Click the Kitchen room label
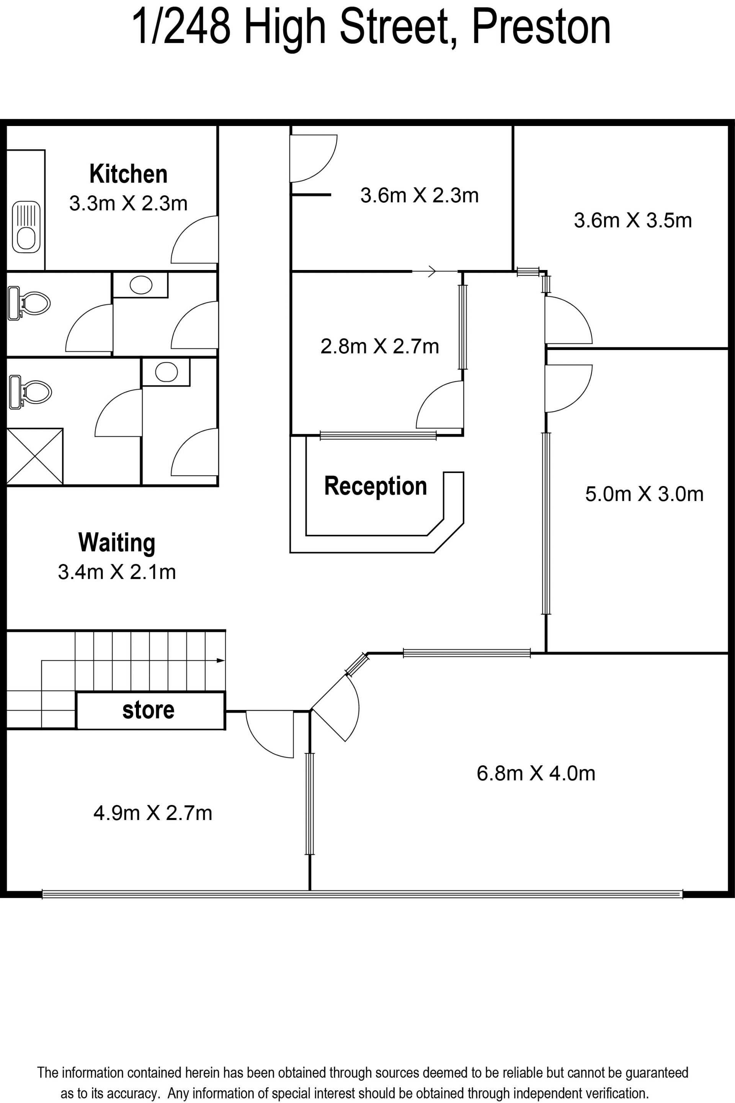129,174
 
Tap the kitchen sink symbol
26,227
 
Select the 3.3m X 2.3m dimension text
129,203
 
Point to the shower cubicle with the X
35,456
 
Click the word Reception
376,486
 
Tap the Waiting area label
117,543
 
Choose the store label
148,710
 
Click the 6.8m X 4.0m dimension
536,773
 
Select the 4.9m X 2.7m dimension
153,813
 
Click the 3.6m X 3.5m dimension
633,221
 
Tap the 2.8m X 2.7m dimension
380,347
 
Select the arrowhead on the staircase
221,661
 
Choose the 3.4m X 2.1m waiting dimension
117,572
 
